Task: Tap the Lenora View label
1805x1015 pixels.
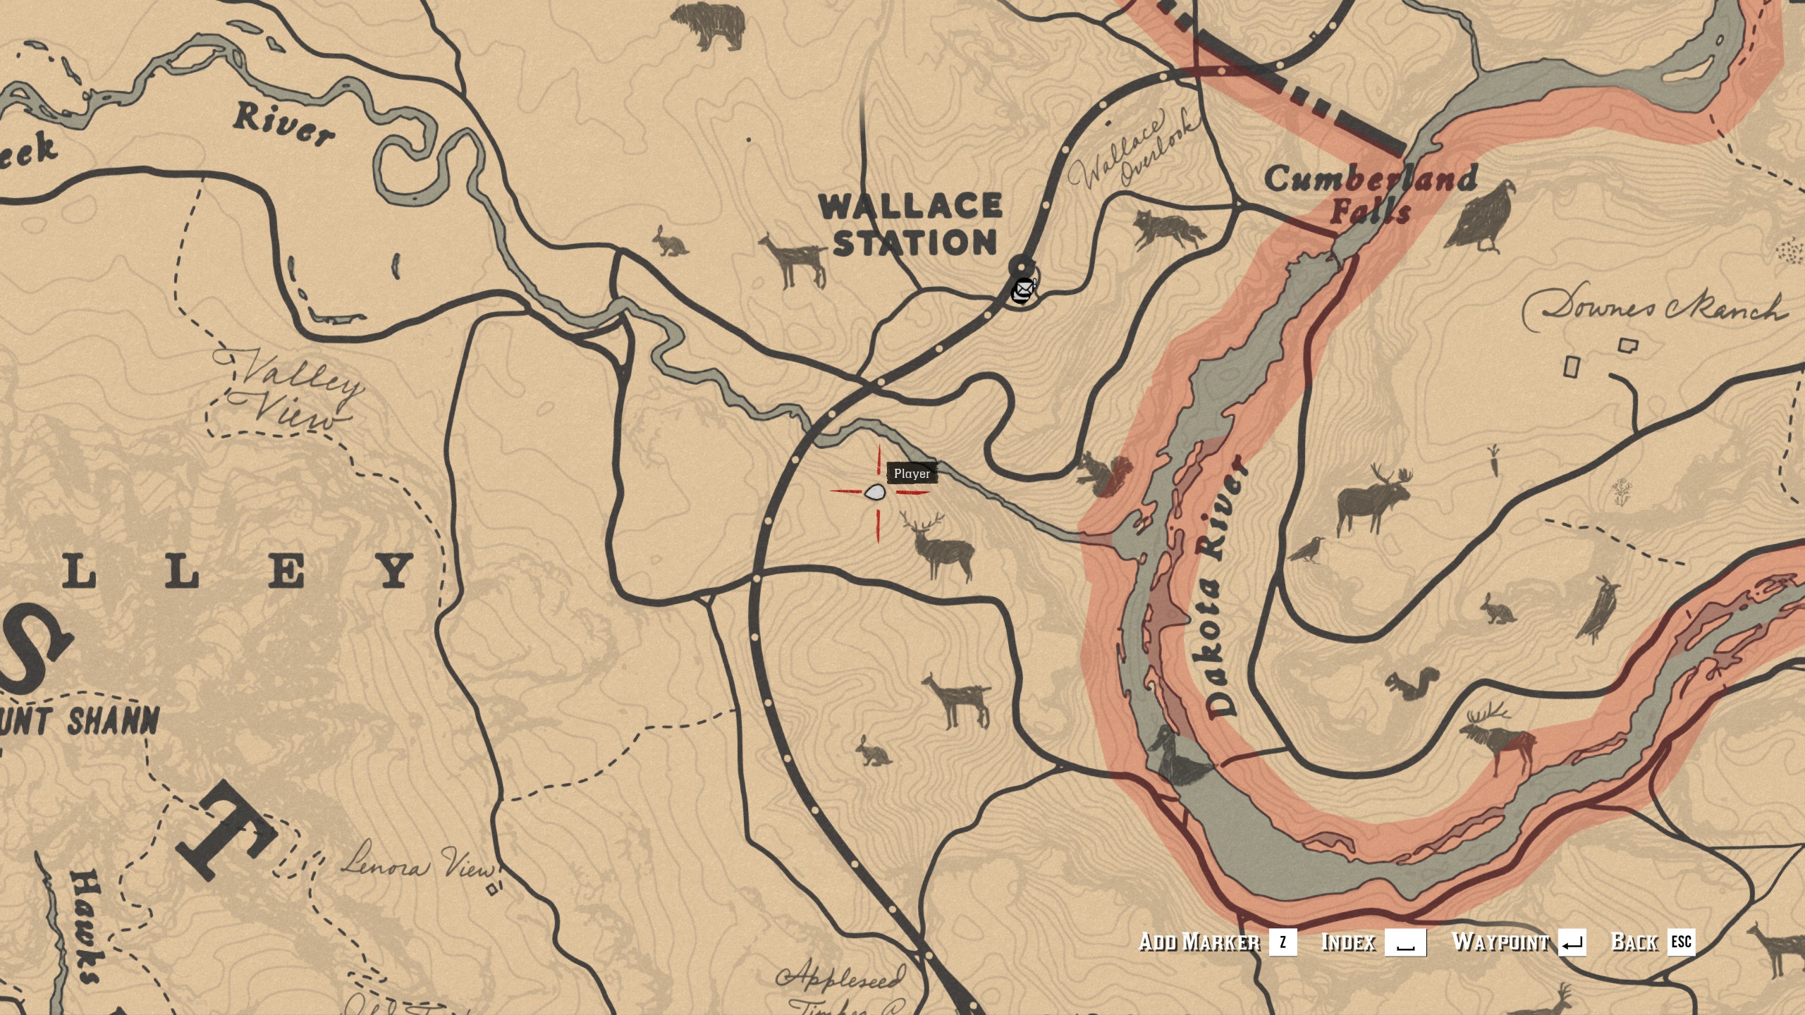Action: click(x=419, y=866)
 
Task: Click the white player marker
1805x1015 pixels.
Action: click(x=875, y=493)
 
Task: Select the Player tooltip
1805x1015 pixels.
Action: click(x=912, y=474)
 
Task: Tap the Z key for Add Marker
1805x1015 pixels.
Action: click(x=1282, y=942)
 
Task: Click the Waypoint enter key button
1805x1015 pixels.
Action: click(x=1572, y=942)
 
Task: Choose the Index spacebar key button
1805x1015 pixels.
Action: click(x=1405, y=942)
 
